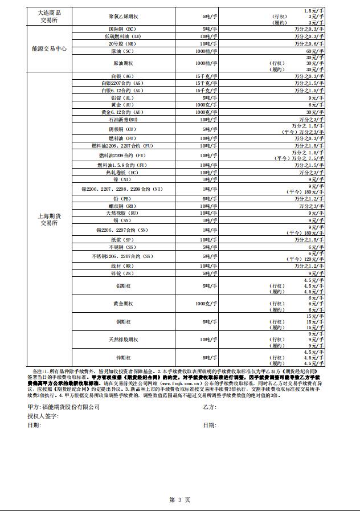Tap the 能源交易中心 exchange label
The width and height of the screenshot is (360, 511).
50,49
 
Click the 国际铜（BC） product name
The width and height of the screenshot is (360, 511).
122,28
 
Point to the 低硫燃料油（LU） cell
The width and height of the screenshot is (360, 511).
122,36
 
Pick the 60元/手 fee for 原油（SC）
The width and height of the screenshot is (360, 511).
317,51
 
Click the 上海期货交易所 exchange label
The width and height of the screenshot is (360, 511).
50,219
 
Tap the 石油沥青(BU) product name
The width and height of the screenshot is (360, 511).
122,120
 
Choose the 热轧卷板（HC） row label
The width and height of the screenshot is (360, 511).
122,173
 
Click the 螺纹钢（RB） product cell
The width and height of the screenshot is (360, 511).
122,206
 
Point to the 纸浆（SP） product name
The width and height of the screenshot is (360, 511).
122,240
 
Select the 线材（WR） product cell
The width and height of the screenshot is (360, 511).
122,265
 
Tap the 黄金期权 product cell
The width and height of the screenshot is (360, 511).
122,304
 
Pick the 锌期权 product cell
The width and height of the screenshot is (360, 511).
122,358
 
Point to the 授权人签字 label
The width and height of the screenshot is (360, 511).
43,416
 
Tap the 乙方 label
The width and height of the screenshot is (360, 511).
209,407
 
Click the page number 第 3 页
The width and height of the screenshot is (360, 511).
179,499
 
